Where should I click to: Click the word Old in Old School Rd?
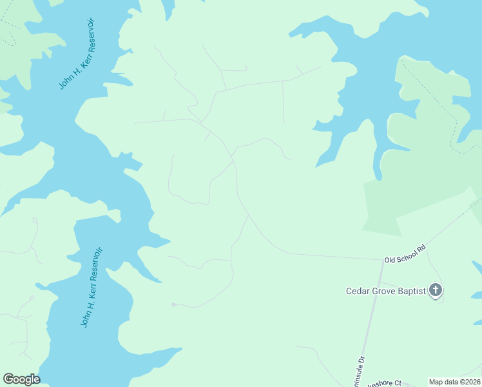390,259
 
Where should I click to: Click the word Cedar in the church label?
358,292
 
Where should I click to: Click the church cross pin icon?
436,290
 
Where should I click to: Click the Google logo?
21,379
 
